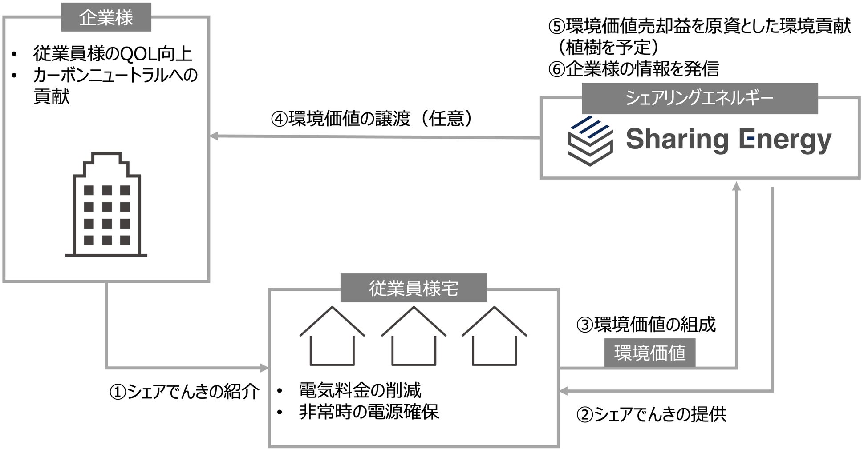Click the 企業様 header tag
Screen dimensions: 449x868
[x=106, y=17]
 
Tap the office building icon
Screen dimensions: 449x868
[x=106, y=205]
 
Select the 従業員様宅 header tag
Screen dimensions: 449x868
[x=414, y=288]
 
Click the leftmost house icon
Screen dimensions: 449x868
[x=332, y=336]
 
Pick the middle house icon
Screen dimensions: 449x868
[x=414, y=336]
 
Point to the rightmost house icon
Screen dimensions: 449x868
[x=494, y=336]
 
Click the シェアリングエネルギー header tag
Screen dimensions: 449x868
[x=699, y=98]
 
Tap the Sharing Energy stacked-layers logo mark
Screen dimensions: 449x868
[x=590, y=140]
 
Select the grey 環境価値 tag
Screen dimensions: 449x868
[x=649, y=353]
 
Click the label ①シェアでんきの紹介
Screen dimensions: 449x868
[x=185, y=392]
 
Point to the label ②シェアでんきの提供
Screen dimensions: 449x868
[x=651, y=414]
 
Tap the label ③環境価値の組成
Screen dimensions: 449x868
[x=646, y=325]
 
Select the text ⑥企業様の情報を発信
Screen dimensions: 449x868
[x=633, y=69]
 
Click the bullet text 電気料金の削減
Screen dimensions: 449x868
[x=360, y=390]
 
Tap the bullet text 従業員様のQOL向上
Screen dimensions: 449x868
[x=113, y=54]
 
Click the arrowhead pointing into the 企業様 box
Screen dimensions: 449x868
[x=214, y=136]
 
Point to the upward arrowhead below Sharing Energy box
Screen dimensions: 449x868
[x=737, y=186]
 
